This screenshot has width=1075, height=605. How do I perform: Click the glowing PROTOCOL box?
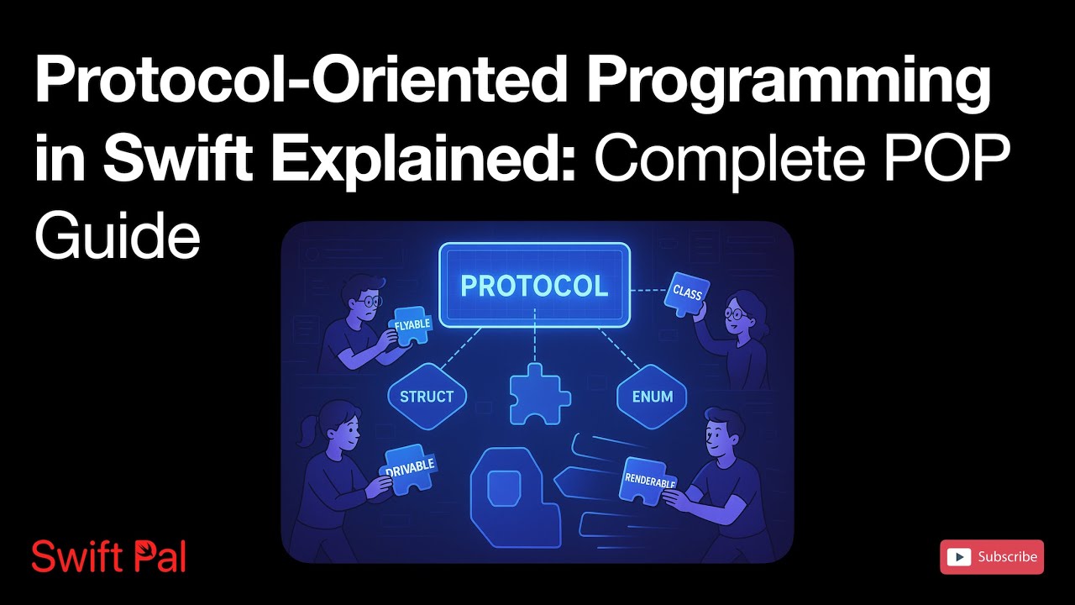[x=534, y=286]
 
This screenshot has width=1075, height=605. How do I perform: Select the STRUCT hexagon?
[x=427, y=397]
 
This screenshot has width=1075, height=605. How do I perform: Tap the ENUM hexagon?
[x=652, y=397]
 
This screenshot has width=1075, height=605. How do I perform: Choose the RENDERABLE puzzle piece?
[x=650, y=480]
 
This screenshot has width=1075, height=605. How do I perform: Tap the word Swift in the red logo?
[x=67, y=557]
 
